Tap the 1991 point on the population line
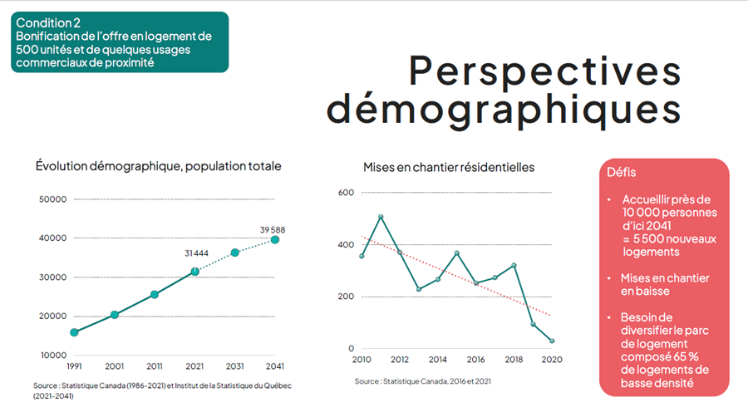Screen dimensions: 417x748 pyautogui.click(x=75, y=332)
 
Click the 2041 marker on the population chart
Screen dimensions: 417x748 pyautogui.click(x=275, y=240)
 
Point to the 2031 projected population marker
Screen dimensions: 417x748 pyautogui.click(x=235, y=252)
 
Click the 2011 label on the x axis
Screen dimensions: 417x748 pyautogui.click(x=155, y=365)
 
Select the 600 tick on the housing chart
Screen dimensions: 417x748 pyautogui.click(x=346, y=193)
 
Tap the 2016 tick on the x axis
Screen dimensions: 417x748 pyautogui.click(x=475, y=360)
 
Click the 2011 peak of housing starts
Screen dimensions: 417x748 pyautogui.click(x=381, y=217)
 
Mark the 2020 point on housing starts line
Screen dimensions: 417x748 pyautogui.click(x=552, y=341)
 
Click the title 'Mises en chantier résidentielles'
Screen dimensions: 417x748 pyautogui.click(x=449, y=167)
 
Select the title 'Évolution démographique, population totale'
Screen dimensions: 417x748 pyautogui.click(x=158, y=166)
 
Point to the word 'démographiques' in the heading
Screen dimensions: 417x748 pyautogui.click(x=504, y=110)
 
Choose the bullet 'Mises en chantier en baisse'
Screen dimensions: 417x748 pyautogui.click(x=665, y=284)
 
